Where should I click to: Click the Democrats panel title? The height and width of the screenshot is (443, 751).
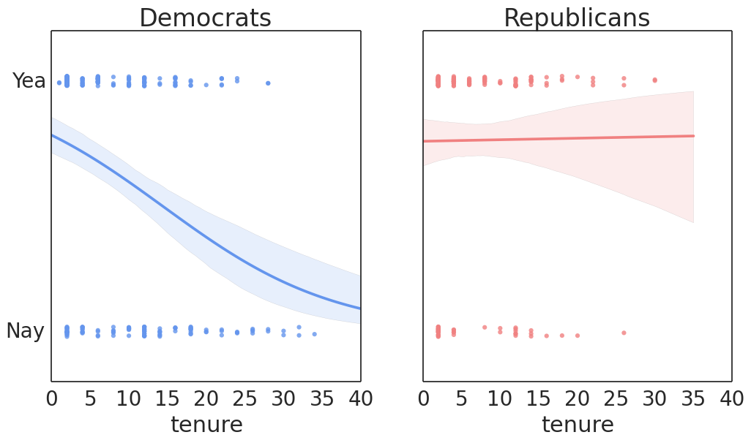click(x=206, y=18)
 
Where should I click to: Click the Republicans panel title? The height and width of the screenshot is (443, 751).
click(x=577, y=18)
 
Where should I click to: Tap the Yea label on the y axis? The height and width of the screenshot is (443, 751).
click(x=29, y=80)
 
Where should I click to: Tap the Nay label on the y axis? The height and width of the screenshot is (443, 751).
click(x=26, y=330)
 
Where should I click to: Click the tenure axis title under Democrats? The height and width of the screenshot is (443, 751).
click(x=206, y=424)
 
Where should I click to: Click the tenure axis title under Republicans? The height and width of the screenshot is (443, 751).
click(x=578, y=424)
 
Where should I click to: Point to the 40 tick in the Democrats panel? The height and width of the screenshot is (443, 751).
click(x=360, y=398)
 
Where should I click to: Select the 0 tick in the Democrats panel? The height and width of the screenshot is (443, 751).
click(x=52, y=398)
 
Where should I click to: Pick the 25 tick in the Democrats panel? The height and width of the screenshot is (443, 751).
click(x=244, y=398)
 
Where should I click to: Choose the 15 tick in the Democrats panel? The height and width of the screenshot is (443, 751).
click(x=167, y=398)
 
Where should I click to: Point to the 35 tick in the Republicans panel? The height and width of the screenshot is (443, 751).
click(x=693, y=398)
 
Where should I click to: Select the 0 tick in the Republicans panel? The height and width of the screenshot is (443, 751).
click(x=423, y=398)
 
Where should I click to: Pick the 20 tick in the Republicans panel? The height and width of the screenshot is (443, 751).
click(x=577, y=398)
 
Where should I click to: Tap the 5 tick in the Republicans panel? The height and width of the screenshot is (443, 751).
click(x=462, y=398)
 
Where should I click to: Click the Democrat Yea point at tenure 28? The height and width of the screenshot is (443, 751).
click(x=268, y=83)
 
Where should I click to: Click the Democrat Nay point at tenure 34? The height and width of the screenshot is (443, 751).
click(x=314, y=334)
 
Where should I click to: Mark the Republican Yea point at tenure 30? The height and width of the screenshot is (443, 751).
click(x=654, y=80)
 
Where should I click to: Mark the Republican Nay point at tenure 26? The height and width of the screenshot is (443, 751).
click(x=624, y=333)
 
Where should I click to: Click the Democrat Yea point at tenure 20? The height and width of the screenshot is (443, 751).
click(x=206, y=85)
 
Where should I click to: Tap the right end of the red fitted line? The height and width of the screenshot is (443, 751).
click(x=693, y=136)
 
